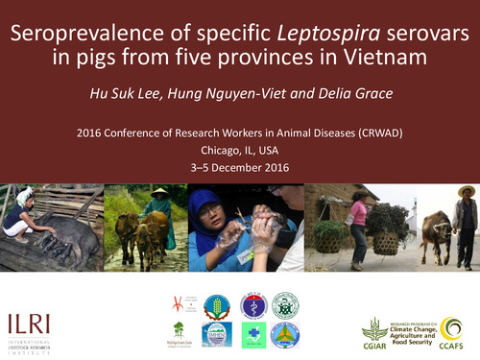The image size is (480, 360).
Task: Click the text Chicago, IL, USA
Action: [x=238, y=150]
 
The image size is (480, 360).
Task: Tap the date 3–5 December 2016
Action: [x=238, y=167]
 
